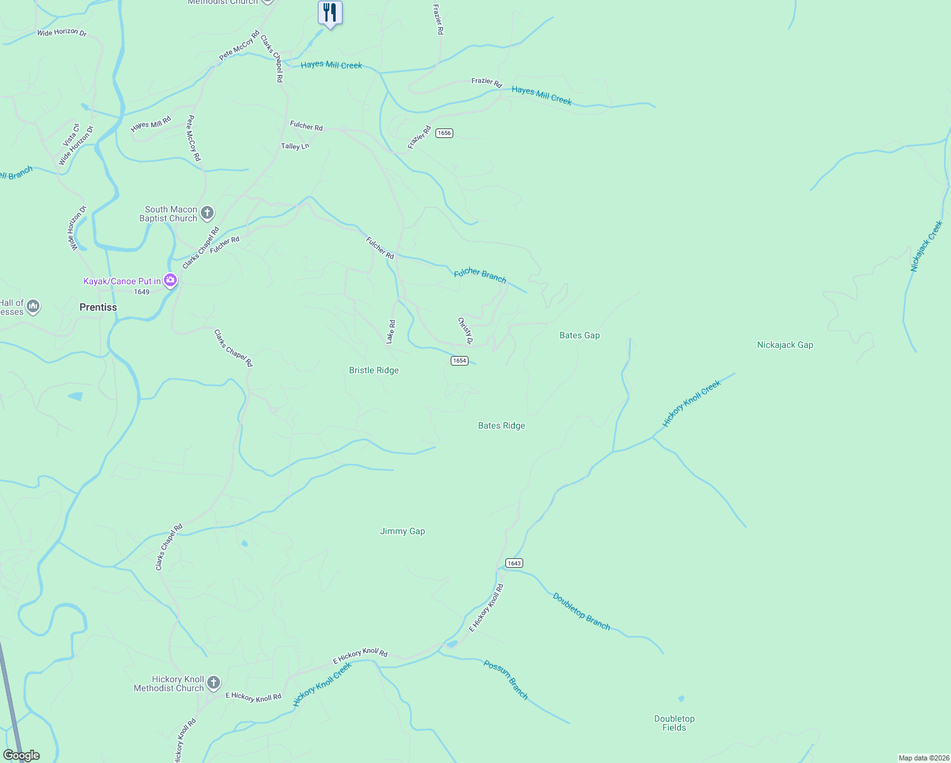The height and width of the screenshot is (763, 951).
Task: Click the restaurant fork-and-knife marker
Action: [x=330, y=13]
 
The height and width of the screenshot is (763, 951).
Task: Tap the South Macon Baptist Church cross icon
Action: [x=207, y=213]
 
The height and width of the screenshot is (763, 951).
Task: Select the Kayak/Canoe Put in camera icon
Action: [x=170, y=280]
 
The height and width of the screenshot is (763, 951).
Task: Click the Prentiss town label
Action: [x=98, y=307]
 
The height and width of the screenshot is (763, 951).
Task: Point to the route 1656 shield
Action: [x=444, y=133]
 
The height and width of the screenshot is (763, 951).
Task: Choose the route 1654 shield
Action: [x=459, y=361]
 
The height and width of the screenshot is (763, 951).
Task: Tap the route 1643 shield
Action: [x=514, y=563]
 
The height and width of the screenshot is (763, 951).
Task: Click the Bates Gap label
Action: [x=579, y=335]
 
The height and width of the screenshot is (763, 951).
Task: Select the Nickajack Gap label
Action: [x=784, y=345]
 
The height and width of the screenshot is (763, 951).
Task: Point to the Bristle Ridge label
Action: [x=374, y=370]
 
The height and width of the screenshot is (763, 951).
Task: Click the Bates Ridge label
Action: [x=501, y=425]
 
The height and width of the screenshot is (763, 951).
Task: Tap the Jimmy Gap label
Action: [x=402, y=531]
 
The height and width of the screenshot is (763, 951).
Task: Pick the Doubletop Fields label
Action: [x=674, y=723]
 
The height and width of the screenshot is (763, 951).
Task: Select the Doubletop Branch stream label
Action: [x=581, y=612]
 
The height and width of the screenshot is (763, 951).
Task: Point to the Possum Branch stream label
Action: [x=506, y=680]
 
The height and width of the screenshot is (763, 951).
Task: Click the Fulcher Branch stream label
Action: [x=480, y=275]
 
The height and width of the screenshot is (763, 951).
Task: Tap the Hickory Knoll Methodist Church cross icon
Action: [x=214, y=683]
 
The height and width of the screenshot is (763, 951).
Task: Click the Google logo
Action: [x=22, y=755]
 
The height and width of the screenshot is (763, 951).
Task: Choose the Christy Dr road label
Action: [x=465, y=331]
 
